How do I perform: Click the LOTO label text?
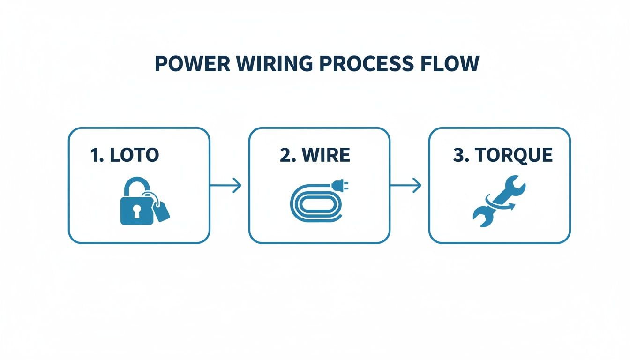click(134, 155)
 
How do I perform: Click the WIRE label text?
click(326, 155)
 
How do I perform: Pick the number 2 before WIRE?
click(285, 155)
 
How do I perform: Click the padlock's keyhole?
click(136, 212)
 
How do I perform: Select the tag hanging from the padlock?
click(161, 212)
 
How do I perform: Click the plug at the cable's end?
click(337, 187)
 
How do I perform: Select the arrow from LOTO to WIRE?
click(226, 186)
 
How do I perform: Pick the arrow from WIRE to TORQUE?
click(406, 186)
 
